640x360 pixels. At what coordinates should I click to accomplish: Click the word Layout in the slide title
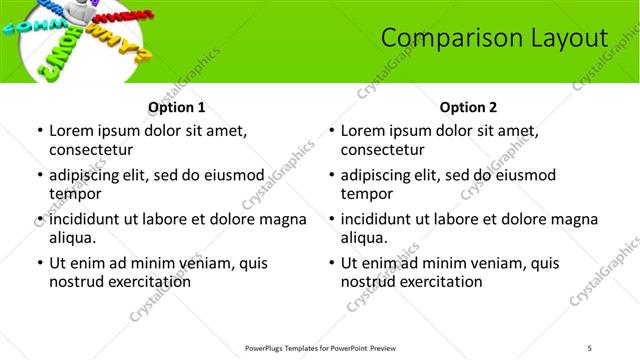pyautogui.click(x=570, y=39)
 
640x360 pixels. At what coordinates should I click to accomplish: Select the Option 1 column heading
pyautogui.click(x=176, y=107)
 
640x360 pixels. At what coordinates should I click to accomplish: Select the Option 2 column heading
pyautogui.click(x=468, y=107)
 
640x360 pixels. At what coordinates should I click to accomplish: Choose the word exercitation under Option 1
pyautogui.click(x=144, y=282)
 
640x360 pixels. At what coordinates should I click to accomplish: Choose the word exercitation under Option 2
pyautogui.click(x=436, y=282)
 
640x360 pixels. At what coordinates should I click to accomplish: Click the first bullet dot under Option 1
pyautogui.click(x=39, y=131)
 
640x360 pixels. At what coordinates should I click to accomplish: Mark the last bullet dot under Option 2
pyautogui.click(x=331, y=263)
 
